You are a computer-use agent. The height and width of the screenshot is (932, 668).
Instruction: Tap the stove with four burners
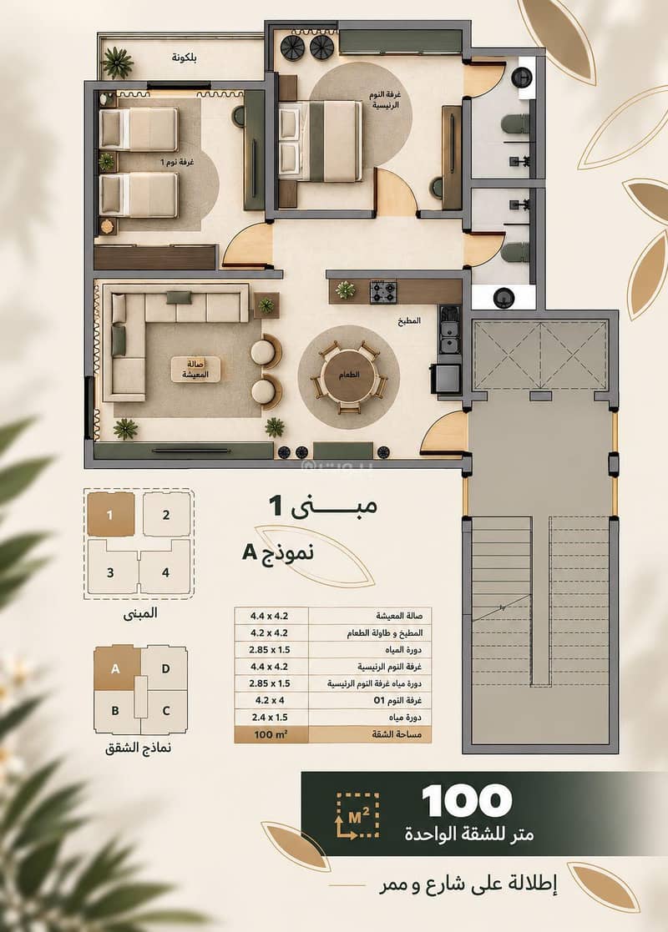(x=383, y=292)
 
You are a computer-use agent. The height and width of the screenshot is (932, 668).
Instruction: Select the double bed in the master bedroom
(x=320, y=142)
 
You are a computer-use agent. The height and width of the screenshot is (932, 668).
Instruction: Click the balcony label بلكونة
(x=185, y=58)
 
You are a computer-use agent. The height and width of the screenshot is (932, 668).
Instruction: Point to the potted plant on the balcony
(x=117, y=63)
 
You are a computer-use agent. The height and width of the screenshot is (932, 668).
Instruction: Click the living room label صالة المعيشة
(x=195, y=369)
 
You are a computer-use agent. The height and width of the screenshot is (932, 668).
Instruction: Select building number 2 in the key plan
(x=166, y=515)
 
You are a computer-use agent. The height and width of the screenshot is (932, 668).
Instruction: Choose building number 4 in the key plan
(x=165, y=572)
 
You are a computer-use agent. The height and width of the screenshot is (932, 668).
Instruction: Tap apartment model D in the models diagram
(x=165, y=668)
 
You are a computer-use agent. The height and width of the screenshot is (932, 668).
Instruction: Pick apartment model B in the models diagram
(x=115, y=710)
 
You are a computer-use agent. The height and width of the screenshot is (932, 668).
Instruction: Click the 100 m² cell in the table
(x=271, y=734)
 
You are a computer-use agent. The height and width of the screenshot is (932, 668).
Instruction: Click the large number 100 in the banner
(x=467, y=801)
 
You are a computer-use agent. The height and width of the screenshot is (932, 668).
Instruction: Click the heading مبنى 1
(x=323, y=506)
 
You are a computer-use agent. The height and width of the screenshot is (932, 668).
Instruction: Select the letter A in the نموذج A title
(x=249, y=552)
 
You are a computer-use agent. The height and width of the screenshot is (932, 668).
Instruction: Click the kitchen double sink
(x=449, y=329)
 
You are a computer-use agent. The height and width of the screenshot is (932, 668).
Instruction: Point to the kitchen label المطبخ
(x=409, y=320)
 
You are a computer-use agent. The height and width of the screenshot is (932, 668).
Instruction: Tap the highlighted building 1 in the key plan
(x=111, y=514)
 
